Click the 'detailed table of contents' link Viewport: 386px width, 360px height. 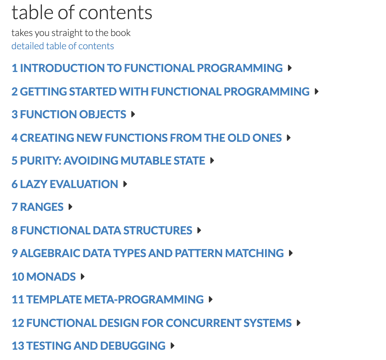point(62,46)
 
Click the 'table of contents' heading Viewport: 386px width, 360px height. point(82,12)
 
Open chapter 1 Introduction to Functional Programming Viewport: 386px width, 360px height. point(147,68)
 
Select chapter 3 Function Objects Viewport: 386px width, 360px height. point(69,114)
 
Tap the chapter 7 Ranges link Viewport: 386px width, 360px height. point(37,207)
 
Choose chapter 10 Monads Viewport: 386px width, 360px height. point(44,277)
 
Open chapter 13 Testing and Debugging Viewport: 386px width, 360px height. point(89,346)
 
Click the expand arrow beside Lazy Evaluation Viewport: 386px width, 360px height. point(125,184)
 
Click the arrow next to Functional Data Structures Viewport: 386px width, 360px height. point(199,230)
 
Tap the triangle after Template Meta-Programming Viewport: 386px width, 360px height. point(211,299)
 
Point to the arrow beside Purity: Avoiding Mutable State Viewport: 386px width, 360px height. point(212,161)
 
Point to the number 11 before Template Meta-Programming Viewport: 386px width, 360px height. point(18,299)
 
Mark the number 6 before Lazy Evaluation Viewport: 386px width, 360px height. point(14,184)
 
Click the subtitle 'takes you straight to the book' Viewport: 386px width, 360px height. point(71,33)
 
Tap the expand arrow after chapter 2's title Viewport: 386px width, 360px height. point(317,91)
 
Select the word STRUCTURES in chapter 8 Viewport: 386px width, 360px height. point(157,230)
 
